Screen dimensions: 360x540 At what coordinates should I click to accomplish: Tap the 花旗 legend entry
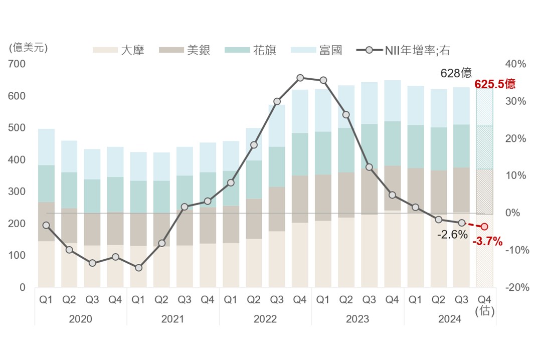pos(251,50)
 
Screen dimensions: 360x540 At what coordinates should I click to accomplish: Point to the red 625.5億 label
pos(495,84)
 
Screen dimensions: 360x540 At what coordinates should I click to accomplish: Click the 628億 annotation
pos(456,73)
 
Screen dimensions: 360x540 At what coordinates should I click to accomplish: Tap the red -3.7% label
pos(487,242)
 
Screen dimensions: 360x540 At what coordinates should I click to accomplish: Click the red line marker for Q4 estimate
pos(484,227)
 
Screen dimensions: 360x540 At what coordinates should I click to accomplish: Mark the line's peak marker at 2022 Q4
pos(300,78)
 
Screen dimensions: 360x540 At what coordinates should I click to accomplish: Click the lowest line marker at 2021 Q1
pos(138,268)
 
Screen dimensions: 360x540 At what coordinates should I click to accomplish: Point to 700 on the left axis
pos(17,64)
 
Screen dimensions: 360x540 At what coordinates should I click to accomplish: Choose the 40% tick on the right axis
pos(516,64)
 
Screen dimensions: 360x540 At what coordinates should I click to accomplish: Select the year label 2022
pos(265,319)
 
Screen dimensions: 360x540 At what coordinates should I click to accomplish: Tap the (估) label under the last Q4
pos(484,311)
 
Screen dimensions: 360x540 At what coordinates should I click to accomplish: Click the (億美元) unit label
pos(28,48)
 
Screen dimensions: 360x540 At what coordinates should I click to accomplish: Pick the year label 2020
pos(80,319)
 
